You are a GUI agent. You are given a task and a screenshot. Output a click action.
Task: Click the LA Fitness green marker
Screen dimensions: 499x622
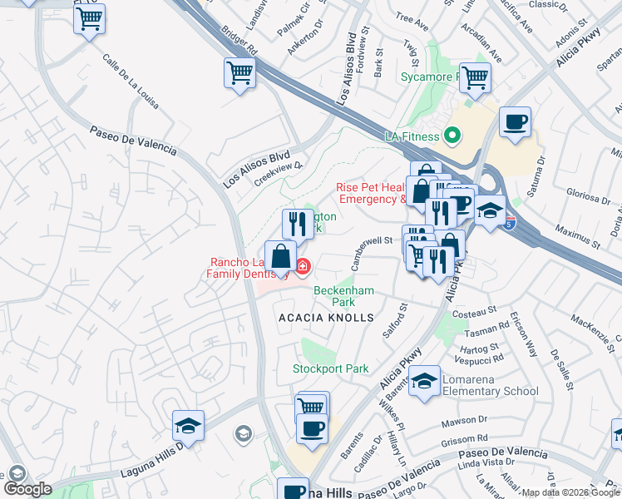pos(452,134)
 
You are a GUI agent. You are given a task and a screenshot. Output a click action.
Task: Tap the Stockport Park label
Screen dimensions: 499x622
pos(330,368)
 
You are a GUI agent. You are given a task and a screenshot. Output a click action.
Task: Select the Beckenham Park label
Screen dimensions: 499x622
pos(343,296)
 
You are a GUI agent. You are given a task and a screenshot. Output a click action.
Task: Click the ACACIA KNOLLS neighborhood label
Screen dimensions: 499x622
pos(326,318)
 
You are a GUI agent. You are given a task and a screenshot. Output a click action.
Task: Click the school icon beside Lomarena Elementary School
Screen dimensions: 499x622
pos(425,382)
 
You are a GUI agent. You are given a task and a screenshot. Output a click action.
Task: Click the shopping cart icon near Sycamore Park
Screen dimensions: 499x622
pos(475,78)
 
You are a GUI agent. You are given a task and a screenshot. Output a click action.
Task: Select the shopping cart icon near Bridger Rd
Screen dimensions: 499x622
pos(239,73)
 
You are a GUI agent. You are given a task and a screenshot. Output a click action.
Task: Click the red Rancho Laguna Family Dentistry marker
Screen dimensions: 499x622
pos(303,267)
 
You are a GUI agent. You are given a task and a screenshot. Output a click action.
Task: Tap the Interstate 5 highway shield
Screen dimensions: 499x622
pos(510,222)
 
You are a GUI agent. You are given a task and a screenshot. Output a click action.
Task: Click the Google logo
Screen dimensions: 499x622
pos(27,488)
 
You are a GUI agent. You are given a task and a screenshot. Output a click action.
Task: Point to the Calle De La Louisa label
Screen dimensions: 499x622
pos(131,82)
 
